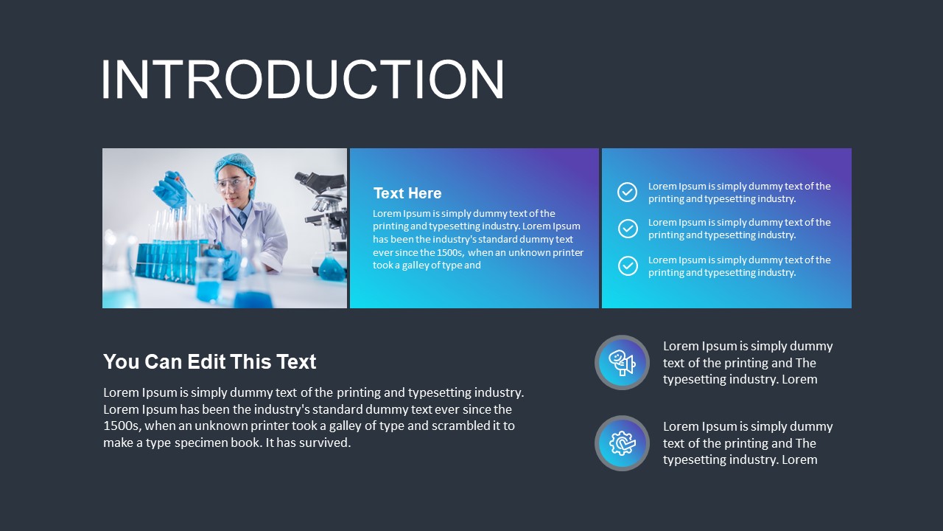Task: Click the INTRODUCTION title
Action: [303, 78]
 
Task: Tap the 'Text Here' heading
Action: [407, 193]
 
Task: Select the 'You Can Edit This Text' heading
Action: [209, 361]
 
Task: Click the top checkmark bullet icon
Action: [627, 192]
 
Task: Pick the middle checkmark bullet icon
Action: [628, 229]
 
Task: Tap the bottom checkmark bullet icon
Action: [628, 265]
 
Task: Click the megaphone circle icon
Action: [622, 363]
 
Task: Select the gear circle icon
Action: [622, 443]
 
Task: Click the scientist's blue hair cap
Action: [235, 164]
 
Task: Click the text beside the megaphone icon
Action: [747, 363]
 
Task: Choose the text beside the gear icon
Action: [747, 443]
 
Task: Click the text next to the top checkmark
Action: [739, 192]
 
